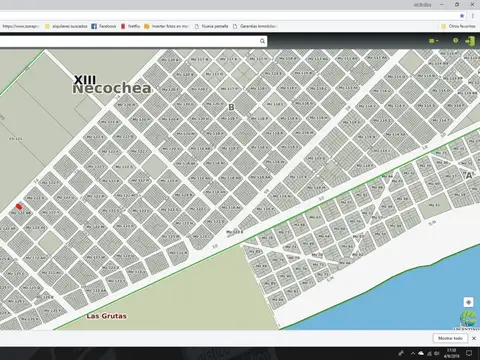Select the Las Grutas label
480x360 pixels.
point(106,316)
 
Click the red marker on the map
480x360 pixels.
point(19,207)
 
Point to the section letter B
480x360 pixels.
point(231,106)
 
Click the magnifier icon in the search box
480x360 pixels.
point(262,41)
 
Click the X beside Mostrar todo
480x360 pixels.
point(473,338)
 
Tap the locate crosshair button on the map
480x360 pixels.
point(468,302)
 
